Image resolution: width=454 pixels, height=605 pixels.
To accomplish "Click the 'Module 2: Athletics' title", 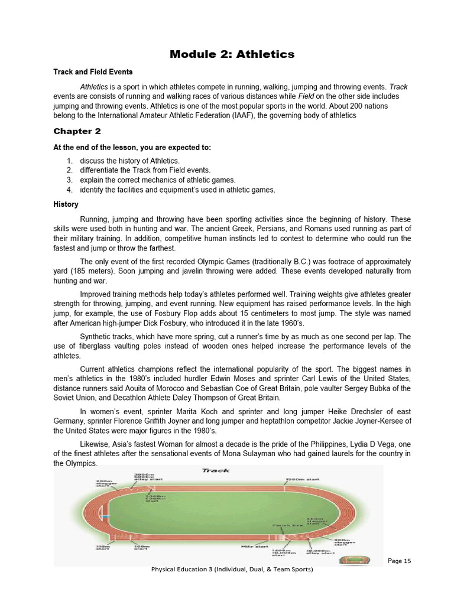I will [x=232, y=54].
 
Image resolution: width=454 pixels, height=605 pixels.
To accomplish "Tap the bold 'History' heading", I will [x=66, y=204].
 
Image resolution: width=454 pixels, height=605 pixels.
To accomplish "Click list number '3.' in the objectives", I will [x=69, y=180].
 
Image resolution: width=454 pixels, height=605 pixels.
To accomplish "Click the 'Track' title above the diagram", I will [x=216, y=470].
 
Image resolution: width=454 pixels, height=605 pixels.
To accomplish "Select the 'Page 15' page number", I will [x=399, y=561].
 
